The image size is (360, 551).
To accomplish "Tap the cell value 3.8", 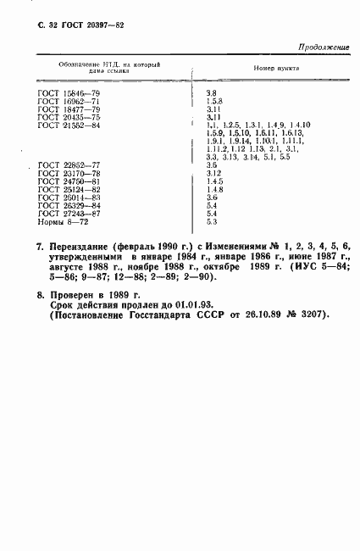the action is point(212,93).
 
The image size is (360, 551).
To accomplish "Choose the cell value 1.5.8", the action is point(213,102).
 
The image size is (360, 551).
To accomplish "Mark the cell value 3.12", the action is point(213,173).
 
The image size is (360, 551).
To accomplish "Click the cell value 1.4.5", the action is point(213,181).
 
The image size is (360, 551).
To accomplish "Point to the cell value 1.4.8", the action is point(213,189).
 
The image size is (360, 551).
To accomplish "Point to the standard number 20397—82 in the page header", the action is point(105,26).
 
